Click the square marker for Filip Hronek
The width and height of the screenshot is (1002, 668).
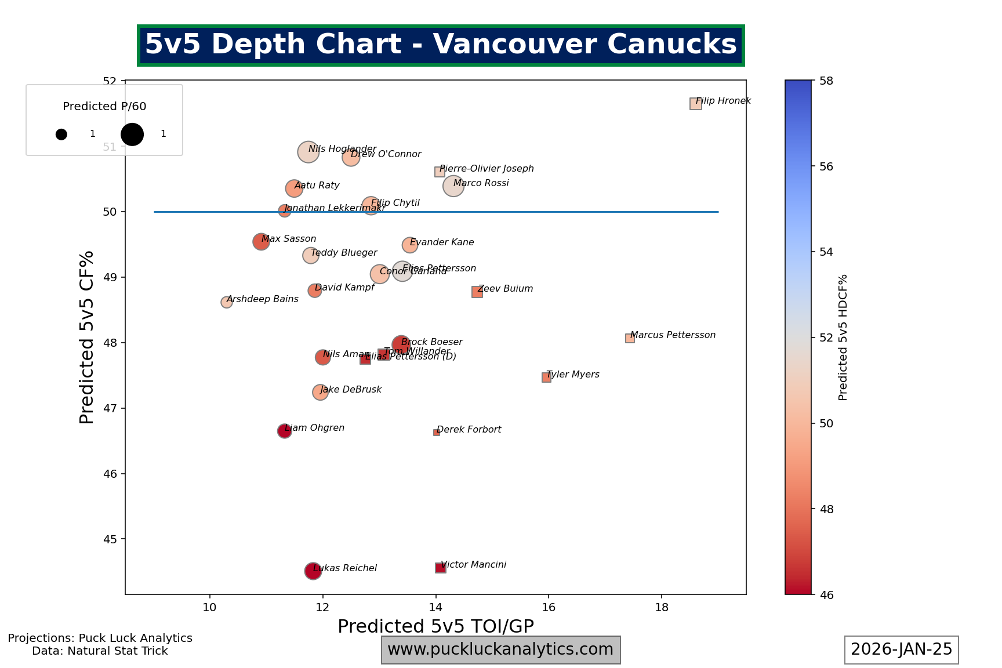tap(695, 104)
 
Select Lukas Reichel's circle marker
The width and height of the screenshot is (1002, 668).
tap(313, 571)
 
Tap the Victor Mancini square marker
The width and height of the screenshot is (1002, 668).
tap(441, 568)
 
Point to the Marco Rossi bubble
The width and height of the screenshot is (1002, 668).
tap(453, 186)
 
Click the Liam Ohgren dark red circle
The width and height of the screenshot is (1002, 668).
tap(284, 431)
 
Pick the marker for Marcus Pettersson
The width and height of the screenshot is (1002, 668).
tap(630, 338)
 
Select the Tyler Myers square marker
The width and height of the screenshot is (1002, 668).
tap(546, 377)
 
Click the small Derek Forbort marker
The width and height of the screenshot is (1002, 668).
tap(437, 433)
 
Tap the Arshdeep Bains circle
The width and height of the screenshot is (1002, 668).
tap(227, 302)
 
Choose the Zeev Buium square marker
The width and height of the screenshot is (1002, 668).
tap(477, 292)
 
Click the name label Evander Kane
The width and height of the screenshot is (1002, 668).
tap(442, 242)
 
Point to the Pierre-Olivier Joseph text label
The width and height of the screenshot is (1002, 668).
tap(487, 169)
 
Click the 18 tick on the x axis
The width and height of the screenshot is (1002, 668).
tap(662, 607)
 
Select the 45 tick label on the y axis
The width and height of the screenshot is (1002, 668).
tap(110, 540)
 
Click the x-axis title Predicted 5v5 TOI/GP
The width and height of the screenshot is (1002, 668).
tap(435, 626)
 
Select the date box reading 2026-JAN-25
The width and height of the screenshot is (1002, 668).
tap(901, 649)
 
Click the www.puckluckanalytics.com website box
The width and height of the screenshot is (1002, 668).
tap(500, 649)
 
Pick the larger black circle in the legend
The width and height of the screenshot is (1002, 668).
tap(132, 134)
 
